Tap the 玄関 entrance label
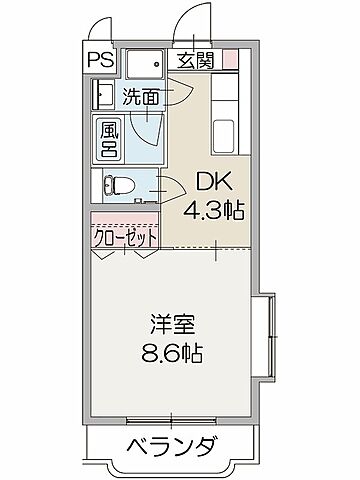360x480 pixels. pos(196,59)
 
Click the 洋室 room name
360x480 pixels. pos(172,326)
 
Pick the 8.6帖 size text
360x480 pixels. pos(172,354)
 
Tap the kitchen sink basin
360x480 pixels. pos(226,133)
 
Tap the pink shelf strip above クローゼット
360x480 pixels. pos(126,217)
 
